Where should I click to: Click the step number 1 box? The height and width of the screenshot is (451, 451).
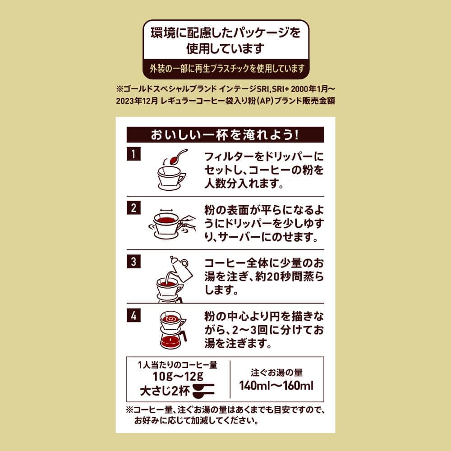coord(133,154)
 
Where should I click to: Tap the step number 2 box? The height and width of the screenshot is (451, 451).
coord(133,207)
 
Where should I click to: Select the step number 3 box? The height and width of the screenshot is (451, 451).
coord(133,262)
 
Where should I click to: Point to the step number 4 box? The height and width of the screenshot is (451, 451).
coord(133,316)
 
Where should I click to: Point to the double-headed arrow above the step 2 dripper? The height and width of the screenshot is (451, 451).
coord(166,211)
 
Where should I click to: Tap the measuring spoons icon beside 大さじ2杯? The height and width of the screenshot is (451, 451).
coord(204,391)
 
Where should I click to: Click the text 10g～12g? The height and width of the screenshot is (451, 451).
coord(178,376)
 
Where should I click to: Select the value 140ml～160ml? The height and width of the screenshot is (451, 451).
coord(276,386)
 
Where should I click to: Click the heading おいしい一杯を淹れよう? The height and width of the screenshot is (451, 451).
coord(225,134)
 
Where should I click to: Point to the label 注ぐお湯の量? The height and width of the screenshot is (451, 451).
coord(276,373)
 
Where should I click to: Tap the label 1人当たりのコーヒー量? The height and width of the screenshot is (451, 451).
coord(177,365)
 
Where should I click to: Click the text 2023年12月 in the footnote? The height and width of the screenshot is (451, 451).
coord(137,101)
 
